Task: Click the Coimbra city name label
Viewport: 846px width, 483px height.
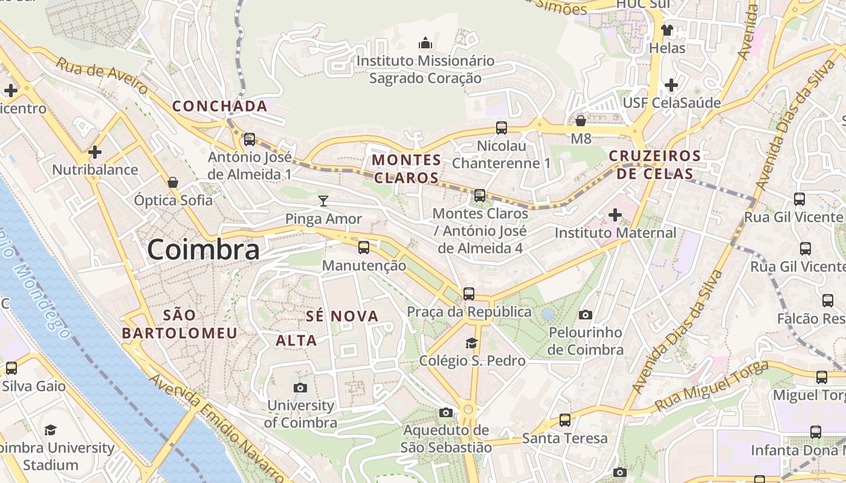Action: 203,249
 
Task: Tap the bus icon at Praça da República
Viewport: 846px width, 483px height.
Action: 469,294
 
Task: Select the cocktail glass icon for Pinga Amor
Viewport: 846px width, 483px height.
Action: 324,200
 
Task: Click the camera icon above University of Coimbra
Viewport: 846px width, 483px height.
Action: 300,388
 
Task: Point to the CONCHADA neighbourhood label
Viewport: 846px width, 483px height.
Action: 219,106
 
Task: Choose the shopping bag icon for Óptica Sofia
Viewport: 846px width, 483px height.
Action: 173,182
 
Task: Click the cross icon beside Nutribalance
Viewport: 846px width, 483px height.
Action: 95,152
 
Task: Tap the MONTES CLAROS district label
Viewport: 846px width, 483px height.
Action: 407,168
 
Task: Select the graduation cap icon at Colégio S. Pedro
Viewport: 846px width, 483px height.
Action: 471,343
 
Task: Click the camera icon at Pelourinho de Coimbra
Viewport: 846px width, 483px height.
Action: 585,315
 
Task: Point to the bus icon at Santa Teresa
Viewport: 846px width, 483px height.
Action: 565,420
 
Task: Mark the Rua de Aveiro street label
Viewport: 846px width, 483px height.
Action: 102,77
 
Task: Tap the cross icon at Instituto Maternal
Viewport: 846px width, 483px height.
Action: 615,214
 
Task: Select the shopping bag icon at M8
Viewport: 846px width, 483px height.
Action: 581,121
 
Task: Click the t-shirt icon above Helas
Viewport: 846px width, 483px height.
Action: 667,30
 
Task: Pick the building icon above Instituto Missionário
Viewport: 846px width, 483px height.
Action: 425,43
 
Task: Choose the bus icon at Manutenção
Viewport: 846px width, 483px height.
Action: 364,247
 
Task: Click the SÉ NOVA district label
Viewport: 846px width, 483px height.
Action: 342,316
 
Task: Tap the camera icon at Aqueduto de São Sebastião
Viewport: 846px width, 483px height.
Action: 446,412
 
